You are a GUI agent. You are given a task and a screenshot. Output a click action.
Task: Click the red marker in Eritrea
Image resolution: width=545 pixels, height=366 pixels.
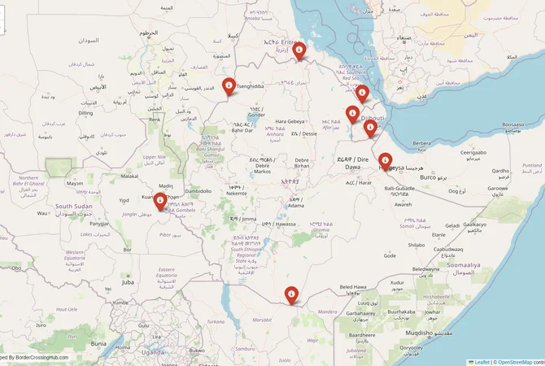click(299, 51)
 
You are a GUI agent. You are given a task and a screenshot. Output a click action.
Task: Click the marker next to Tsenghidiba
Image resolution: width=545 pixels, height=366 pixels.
click(229, 85)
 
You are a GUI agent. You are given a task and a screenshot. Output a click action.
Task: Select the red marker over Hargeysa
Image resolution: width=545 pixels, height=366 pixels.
click(385, 160)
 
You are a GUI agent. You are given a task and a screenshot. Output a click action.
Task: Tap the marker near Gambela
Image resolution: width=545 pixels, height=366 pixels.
click(161, 200)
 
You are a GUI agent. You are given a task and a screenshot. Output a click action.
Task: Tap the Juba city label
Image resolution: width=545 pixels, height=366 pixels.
click(128, 282)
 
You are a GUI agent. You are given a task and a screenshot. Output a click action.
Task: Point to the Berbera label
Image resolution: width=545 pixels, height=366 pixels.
click(421, 143)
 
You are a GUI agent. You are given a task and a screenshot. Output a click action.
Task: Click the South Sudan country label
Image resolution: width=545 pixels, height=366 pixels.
click(72, 207)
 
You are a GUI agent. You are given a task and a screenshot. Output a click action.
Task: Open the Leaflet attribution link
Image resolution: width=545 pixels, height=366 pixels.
click(482, 362)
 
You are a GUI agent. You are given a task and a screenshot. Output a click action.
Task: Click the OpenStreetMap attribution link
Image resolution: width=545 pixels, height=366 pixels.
click(515, 362)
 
